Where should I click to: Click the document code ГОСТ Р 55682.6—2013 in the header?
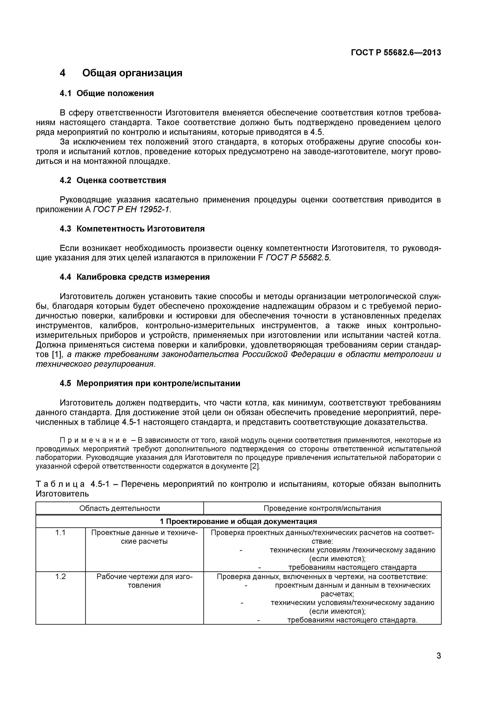[x=396, y=53]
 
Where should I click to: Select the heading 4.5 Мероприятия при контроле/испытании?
[x=150, y=383]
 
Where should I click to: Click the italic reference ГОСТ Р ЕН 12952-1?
[x=131, y=209]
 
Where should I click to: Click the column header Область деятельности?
[x=120, y=508]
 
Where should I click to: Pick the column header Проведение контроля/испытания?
[x=322, y=508]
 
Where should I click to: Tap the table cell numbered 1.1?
[x=60, y=533]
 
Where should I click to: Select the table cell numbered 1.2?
[x=60, y=576]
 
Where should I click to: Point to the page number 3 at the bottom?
[x=439, y=664]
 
